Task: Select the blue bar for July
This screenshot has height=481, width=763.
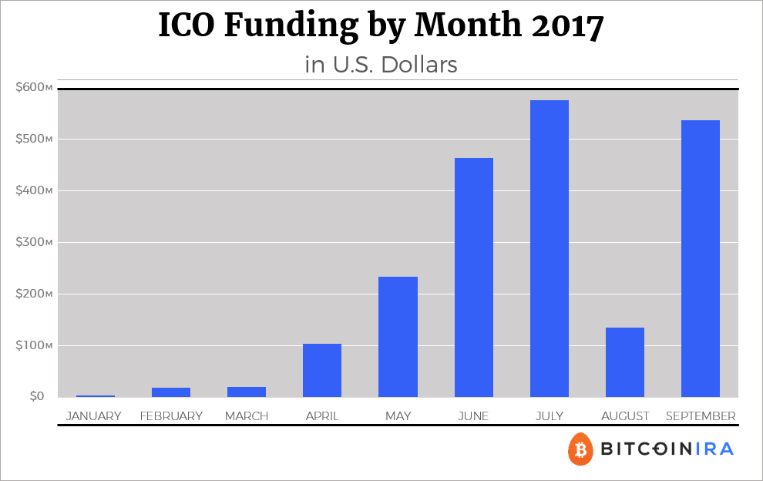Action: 549,249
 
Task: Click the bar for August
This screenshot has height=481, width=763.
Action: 625,362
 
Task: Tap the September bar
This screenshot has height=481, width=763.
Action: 701,259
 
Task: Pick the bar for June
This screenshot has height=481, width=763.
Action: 473,277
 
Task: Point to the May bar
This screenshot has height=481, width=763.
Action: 398,337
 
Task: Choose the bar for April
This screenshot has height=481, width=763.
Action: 322,370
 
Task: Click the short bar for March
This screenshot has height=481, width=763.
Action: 247,392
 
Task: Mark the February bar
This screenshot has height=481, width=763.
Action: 171,392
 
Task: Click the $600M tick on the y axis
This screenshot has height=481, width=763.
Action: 34,87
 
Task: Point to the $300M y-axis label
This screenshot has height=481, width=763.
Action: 34,242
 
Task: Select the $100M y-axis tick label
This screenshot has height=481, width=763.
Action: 34,345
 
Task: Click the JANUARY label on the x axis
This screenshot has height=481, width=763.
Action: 94,416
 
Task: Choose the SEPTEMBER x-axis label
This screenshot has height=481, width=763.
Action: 700,416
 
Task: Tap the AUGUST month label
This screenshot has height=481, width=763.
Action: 625,416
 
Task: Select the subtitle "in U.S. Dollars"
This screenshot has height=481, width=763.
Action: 381,65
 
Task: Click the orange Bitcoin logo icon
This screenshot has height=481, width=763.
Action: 580,449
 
